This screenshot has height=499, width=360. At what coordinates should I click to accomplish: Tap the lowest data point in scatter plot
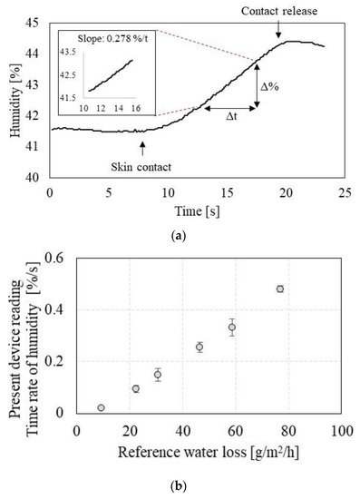click(101, 407)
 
